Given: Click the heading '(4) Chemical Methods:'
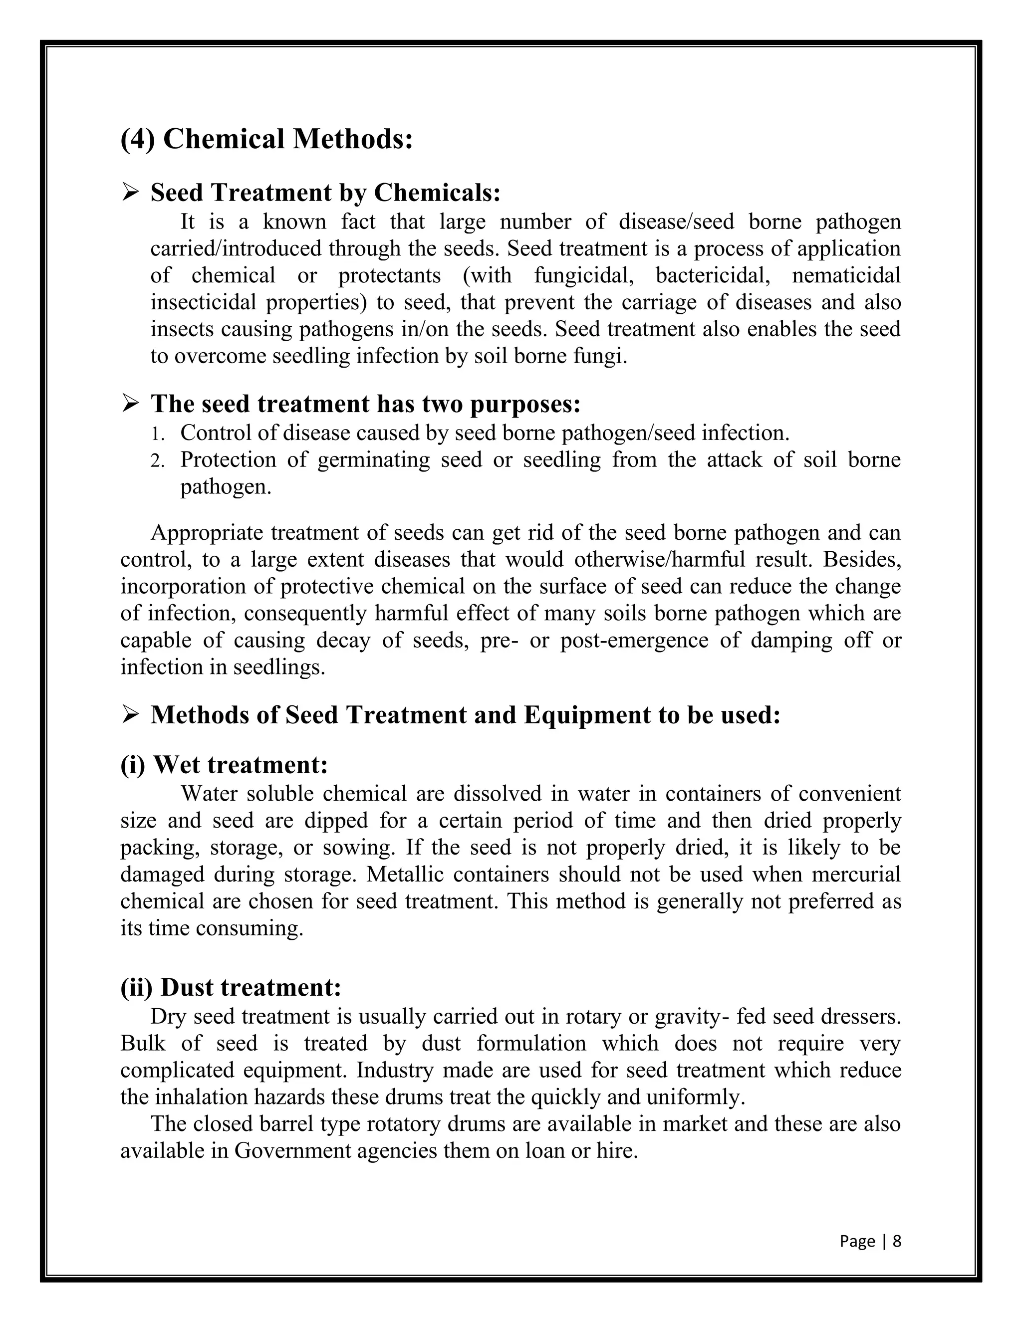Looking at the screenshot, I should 266,139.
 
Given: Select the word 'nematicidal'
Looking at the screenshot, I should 846,275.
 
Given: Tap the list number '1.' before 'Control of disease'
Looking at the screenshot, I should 157,434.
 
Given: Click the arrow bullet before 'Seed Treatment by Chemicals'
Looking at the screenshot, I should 130,193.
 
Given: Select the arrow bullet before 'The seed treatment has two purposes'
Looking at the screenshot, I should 130,403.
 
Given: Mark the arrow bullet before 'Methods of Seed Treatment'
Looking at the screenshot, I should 130,715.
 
